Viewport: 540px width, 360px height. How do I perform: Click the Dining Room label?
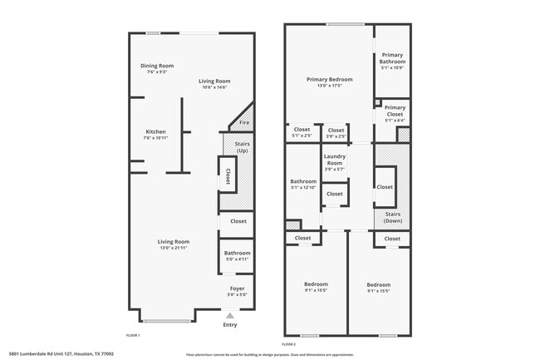pos(156,66)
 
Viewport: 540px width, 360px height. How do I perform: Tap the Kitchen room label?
pos(156,131)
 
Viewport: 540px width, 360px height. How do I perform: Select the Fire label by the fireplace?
pos(244,123)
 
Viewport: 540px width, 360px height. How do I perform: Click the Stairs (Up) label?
pos(243,148)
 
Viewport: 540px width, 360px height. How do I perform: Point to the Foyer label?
pos(237,289)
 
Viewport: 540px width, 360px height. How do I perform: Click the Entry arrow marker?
pos(230,315)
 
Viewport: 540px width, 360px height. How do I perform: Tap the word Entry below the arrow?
pos(230,324)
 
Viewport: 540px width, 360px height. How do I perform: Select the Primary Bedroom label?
pos(329,80)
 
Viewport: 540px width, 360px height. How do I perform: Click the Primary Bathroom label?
pos(393,58)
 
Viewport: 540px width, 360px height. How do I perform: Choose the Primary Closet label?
pos(395,111)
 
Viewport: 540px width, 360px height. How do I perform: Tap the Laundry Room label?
pos(335,160)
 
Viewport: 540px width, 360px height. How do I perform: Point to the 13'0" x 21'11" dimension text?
pos(174,248)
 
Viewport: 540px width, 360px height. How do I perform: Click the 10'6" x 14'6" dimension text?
pos(214,86)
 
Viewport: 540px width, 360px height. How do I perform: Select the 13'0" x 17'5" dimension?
pos(329,86)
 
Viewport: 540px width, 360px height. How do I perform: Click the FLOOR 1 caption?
pos(133,335)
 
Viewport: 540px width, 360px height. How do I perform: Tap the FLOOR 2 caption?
pos(289,343)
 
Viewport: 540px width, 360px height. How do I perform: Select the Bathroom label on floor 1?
pos(237,253)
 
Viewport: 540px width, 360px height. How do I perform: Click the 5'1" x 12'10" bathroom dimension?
pos(303,188)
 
